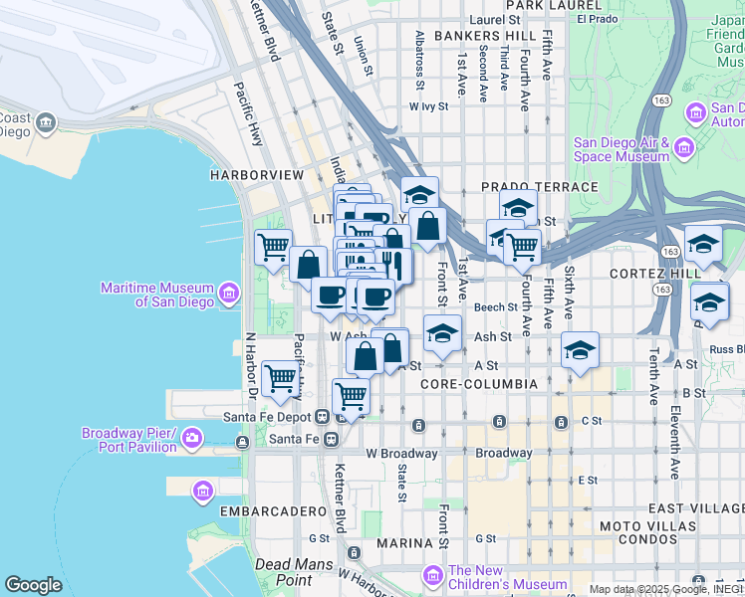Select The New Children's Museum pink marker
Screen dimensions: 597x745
coord(432,576)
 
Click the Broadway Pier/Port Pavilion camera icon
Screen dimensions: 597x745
coord(191,437)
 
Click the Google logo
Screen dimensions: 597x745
coord(33,585)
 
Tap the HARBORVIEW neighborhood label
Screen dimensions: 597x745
coord(256,174)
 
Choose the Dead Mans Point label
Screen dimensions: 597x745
coord(284,572)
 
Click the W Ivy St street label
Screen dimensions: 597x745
coord(429,105)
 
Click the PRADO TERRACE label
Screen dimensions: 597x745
coord(539,187)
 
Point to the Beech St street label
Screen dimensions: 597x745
coord(496,307)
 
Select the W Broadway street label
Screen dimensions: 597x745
coord(401,453)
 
